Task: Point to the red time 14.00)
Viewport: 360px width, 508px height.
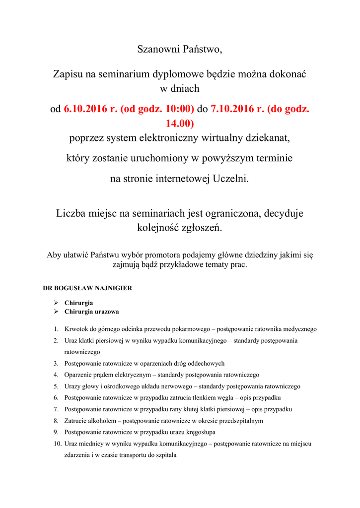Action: pos(179,122)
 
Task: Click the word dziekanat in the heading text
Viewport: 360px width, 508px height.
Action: pos(267,138)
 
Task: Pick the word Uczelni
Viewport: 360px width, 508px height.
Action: pos(230,179)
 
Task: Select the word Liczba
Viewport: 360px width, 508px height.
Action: pos(72,214)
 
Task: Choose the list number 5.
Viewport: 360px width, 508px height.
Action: pos(56,386)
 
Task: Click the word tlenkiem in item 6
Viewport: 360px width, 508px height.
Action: pos(216,398)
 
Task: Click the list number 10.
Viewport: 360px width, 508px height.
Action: pos(57,444)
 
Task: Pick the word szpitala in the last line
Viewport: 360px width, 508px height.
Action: pos(165,455)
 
